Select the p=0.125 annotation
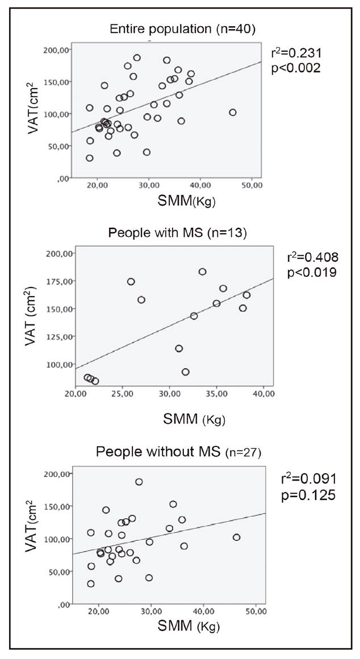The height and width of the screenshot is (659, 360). pos(309,495)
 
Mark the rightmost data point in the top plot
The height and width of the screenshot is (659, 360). pos(232,112)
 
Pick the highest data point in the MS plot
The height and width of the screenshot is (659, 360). pos(202,272)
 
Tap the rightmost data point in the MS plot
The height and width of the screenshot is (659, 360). pos(246,295)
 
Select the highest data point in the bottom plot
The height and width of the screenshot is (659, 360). pos(139,482)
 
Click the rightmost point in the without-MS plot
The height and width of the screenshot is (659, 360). pos(237,537)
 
